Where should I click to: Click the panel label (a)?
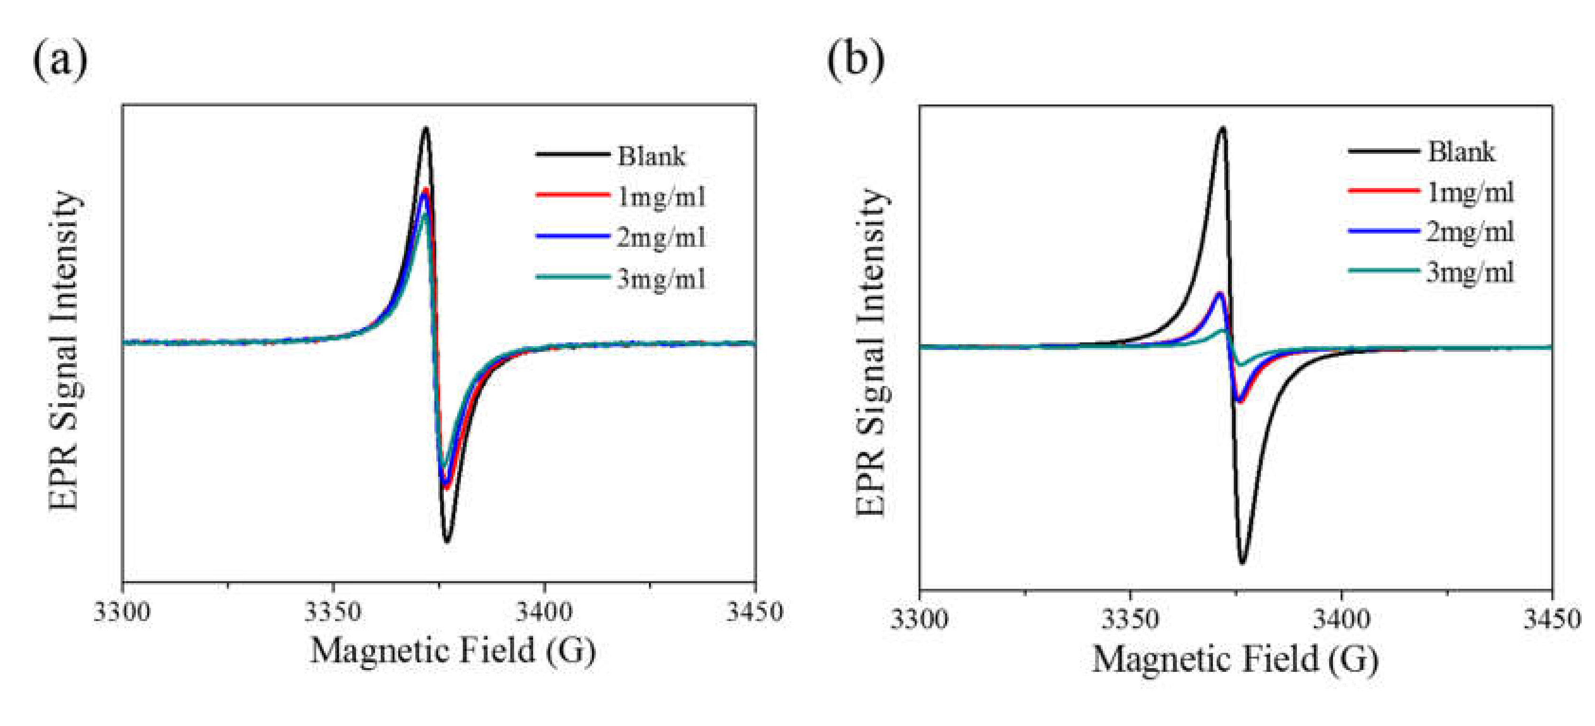point(60,61)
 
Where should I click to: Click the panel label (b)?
point(856,61)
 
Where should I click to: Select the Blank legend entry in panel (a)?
point(651,156)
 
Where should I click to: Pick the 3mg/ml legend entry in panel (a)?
point(661,279)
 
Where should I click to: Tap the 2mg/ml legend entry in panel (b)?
point(1470,232)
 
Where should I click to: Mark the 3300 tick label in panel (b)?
point(919,619)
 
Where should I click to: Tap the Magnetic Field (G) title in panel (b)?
point(1235,659)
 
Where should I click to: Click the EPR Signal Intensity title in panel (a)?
point(65,350)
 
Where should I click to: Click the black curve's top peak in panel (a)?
point(425,129)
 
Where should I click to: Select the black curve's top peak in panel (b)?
point(1221,128)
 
